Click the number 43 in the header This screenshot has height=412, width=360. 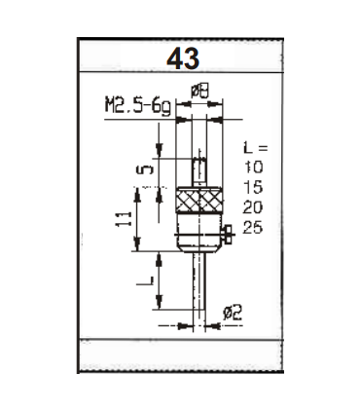183,59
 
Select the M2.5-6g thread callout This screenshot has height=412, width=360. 136,102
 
